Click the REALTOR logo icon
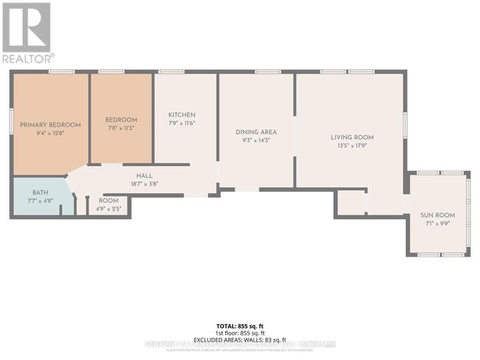click(x=27, y=27)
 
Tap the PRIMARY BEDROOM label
click(x=50, y=125)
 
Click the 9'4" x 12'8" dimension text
click(x=50, y=133)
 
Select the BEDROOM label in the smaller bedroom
click(x=121, y=120)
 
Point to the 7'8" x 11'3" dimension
click(x=121, y=128)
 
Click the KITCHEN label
click(x=181, y=115)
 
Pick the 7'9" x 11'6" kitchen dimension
click(x=181, y=123)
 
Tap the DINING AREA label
click(x=256, y=132)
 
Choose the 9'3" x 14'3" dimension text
click(x=256, y=140)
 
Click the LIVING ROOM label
click(x=349, y=137)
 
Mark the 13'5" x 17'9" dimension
click(x=349, y=145)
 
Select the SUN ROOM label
click(x=437, y=215)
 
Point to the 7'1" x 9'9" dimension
click(x=437, y=223)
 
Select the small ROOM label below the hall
click(x=109, y=201)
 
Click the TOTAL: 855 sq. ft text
click(x=239, y=326)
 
